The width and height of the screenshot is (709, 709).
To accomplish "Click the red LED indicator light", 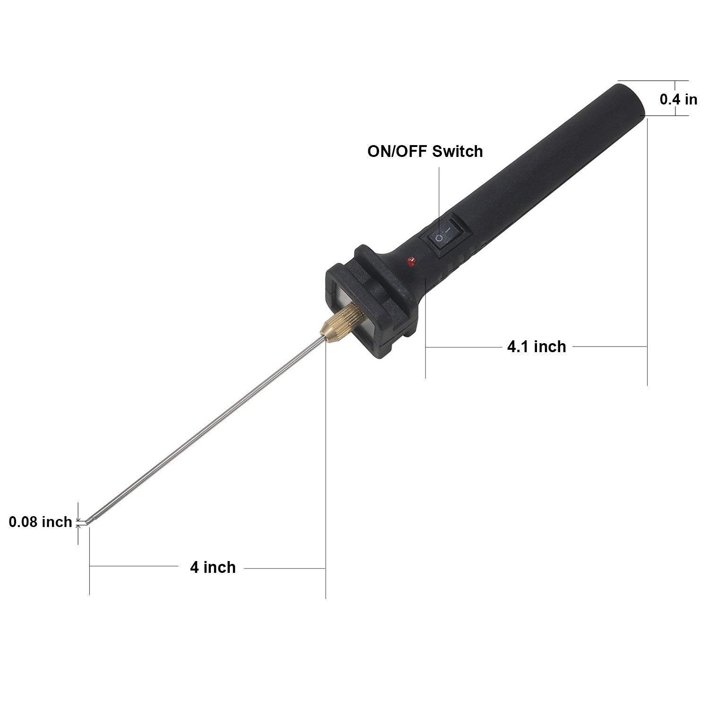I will [x=410, y=260].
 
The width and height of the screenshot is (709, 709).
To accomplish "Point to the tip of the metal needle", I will [x=88, y=522].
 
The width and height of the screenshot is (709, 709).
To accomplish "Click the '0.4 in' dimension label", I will [x=678, y=99].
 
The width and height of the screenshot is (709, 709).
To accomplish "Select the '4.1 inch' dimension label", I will [x=536, y=347].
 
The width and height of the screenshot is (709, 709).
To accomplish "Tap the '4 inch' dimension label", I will [x=213, y=567].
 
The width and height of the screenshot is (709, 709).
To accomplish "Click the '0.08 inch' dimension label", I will [x=40, y=522].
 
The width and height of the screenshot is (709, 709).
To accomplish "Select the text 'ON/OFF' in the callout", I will [x=398, y=151].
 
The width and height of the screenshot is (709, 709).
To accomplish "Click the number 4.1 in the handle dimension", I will [x=517, y=347].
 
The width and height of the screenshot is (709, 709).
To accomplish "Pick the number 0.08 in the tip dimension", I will [x=24, y=522].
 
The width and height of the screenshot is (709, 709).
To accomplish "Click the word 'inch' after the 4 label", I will [x=220, y=567].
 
